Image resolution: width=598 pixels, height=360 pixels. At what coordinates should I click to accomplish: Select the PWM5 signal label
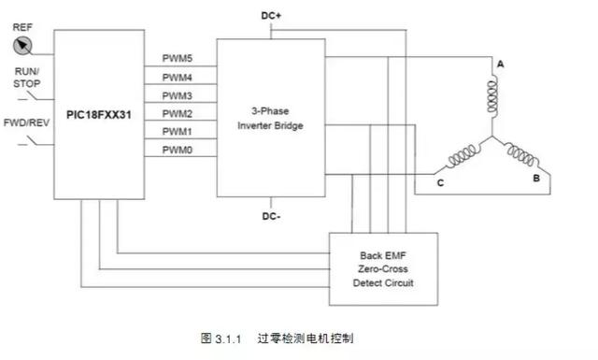178,60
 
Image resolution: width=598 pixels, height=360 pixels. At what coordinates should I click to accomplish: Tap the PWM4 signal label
178,78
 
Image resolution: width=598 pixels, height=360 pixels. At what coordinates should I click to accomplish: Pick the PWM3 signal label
178,95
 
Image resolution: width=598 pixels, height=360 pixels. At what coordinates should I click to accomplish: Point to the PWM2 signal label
178,113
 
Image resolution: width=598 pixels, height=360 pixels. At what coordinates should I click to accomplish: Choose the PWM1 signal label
178,131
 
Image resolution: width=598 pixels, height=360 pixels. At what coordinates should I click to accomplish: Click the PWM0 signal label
178,150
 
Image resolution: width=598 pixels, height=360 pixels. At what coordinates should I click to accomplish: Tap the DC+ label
272,16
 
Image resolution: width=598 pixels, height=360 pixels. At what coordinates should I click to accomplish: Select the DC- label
272,216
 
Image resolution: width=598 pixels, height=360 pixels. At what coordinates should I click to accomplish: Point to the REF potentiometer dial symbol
23,43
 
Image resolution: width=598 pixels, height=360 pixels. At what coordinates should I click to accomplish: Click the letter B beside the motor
535,176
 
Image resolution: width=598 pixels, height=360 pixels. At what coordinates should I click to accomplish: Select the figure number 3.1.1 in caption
229,338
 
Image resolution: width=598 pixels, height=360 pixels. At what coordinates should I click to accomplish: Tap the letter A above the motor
500,64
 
